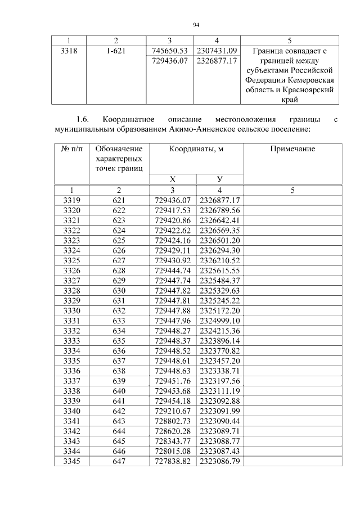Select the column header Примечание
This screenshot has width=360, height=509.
click(292, 149)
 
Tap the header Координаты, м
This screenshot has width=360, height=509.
click(196, 149)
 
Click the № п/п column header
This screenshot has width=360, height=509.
click(71, 149)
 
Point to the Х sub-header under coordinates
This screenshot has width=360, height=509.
click(172, 179)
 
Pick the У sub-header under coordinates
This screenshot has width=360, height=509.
click(219, 179)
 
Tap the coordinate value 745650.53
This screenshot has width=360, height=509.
click(169, 51)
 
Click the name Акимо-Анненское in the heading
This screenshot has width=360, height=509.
click(197, 129)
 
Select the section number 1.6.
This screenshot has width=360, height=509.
click(83, 119)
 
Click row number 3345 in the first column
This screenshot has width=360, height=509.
click(71, 461)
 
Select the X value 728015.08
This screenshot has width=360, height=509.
click(173, 451)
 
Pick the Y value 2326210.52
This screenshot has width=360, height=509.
click(219, 260)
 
